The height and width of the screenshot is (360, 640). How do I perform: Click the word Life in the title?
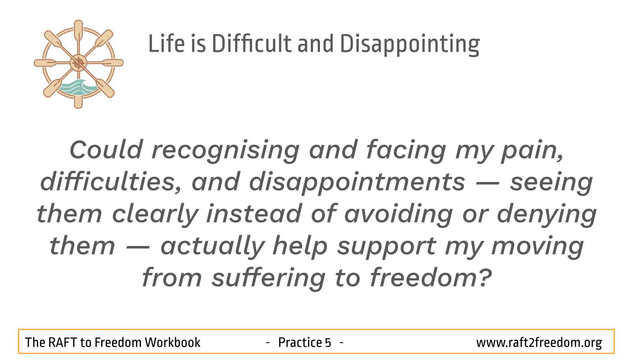point(166,44)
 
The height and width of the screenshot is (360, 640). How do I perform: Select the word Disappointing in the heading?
point(410,45)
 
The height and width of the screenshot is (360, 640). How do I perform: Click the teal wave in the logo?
point(78,87)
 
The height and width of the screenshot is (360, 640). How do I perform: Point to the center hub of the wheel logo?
point(78,63)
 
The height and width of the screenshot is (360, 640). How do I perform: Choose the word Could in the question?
point(106,150)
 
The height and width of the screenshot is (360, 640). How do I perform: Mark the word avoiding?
point(398,215)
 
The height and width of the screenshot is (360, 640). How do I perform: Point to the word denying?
point(547,215)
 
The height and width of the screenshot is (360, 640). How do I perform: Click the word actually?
point(212,247)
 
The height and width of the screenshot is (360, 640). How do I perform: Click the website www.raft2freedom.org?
point(539,342)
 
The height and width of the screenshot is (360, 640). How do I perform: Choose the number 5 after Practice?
point(328,342)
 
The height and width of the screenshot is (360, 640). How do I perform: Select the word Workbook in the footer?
point(172,342)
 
